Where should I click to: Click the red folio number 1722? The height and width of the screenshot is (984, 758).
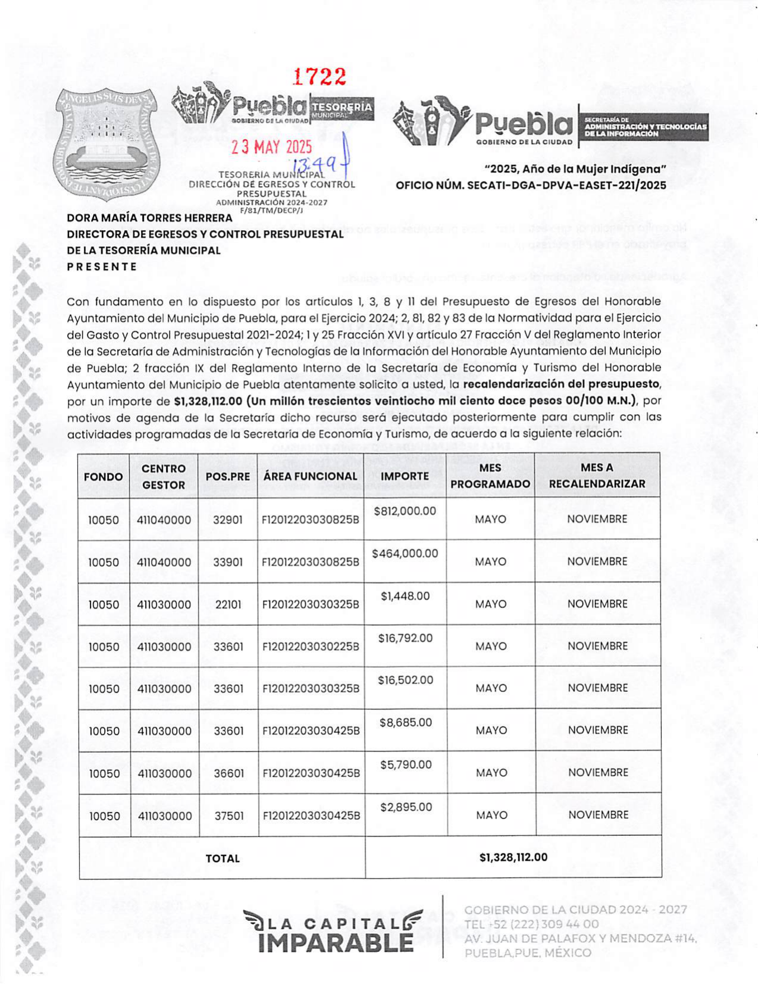coord(320,77)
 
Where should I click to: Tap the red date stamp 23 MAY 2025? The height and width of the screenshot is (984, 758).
coord(271,146)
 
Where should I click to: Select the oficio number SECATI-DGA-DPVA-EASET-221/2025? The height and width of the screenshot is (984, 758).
coord(531,186)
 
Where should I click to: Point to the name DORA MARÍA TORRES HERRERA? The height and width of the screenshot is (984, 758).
coord(149,218)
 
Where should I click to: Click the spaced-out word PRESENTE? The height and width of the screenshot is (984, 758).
coord(102,267)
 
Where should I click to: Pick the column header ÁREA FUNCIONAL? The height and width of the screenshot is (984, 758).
coord(310,476)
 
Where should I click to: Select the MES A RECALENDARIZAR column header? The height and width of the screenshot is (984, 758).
coord(597,476)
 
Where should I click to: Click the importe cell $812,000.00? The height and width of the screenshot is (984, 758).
coord(405,511)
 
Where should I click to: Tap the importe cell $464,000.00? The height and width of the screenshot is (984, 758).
coord(405,553)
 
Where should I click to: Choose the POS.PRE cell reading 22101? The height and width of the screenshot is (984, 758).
coord(228,604)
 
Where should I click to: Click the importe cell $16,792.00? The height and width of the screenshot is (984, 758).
coord(405,638)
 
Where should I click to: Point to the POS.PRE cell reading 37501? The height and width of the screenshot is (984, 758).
coord(229,816)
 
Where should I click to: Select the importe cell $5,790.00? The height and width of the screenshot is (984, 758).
coord(406,764)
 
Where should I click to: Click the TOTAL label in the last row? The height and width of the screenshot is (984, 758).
coord(223,858)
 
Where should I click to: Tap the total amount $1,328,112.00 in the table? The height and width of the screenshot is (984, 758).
coord(513,857)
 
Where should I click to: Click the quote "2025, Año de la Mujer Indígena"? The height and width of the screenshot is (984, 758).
coord(575,169)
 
